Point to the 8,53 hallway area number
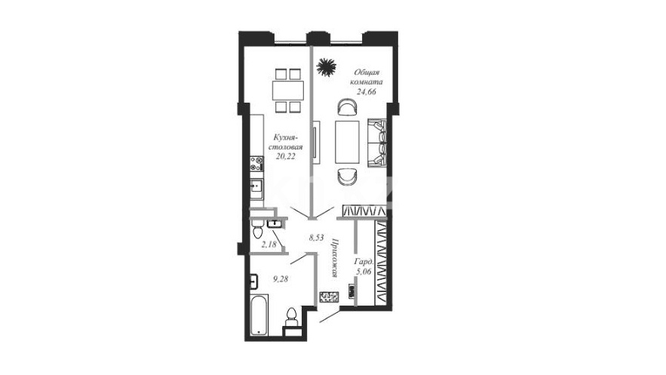317,238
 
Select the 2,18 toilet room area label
269,244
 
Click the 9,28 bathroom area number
281,279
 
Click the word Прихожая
333,258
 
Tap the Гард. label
364,262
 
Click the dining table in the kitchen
288,91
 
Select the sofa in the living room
377,143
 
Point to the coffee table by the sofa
347,143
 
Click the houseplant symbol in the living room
326,67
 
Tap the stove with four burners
257,164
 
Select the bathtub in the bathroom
259,315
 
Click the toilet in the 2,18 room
257,229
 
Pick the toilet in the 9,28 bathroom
291,318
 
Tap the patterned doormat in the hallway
329,297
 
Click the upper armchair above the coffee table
347,107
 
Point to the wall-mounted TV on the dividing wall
315,142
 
